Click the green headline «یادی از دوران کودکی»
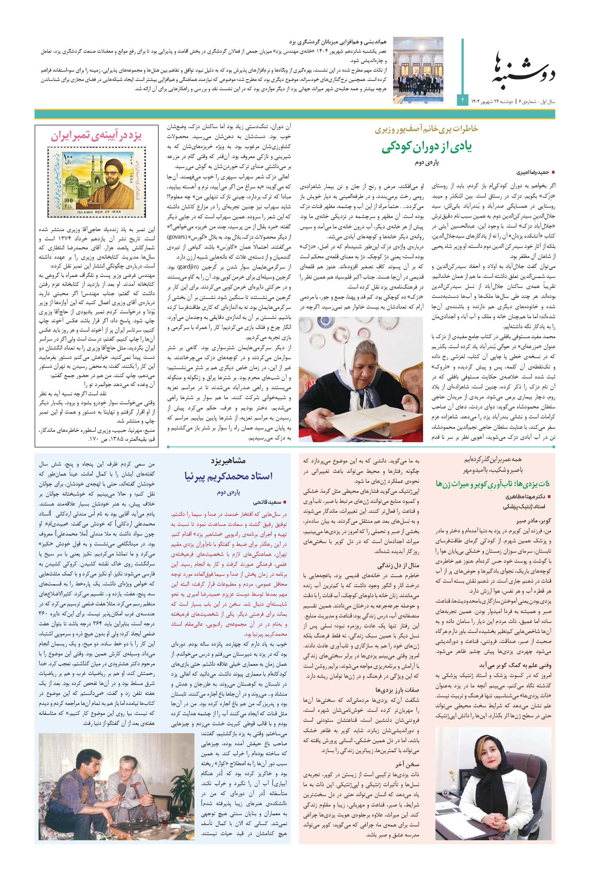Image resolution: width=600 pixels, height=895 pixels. point(426,147)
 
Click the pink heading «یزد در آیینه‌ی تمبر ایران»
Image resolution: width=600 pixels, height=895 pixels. point(96,136)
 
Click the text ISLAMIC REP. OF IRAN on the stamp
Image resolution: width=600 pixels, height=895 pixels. point(99,212)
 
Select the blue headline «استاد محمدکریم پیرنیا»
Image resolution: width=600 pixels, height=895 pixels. point(229,476)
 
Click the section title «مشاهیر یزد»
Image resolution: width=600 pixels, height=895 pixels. point(229,461)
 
